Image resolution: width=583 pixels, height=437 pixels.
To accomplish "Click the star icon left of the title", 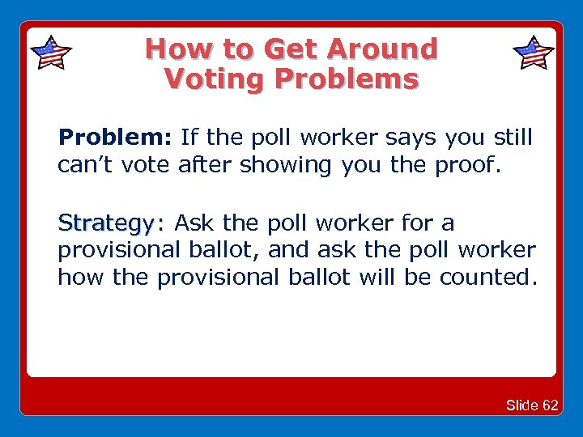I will (x=50, y=53).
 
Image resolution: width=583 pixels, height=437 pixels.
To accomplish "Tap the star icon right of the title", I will (x=534, y=53).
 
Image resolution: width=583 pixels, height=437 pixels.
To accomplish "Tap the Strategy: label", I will (x=111, y=223).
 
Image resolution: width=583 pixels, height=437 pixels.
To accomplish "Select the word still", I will (x=512, y=138).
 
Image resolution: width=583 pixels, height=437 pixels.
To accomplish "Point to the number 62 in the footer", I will (x=551, y=405).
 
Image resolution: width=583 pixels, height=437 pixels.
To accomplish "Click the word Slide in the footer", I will (x=523, y=405).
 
